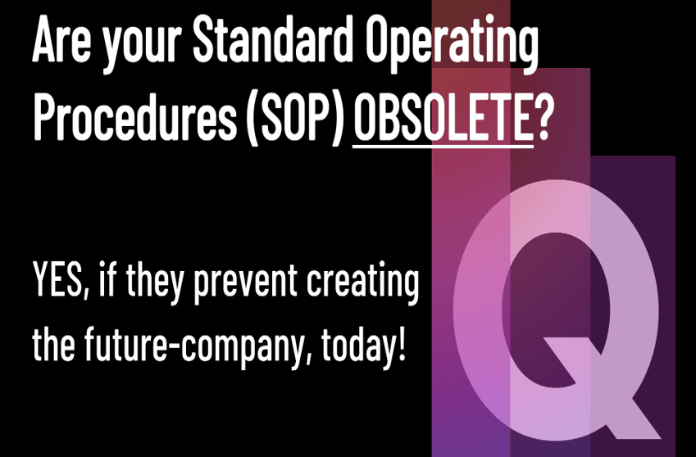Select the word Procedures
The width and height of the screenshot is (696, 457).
point(134,116)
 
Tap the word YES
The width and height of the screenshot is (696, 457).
point(56,279)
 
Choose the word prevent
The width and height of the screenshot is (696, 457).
point(245,283)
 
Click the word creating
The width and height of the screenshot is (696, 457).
point(362,283)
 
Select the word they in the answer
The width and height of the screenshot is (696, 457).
point(155,283)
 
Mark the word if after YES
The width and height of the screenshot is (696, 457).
point(107,279)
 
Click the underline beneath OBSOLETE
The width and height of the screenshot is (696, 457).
point(443,144)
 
